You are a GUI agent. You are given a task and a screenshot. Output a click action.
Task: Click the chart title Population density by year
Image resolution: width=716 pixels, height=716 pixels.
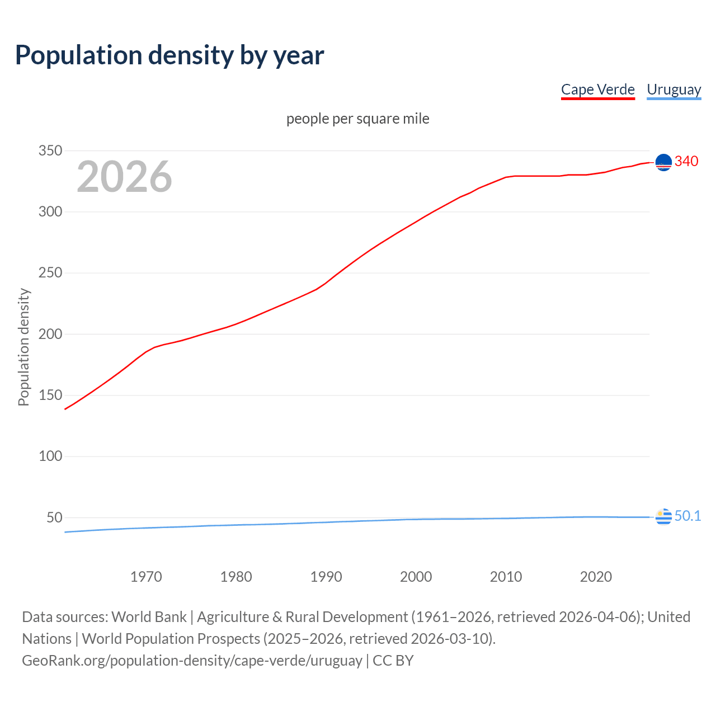169,55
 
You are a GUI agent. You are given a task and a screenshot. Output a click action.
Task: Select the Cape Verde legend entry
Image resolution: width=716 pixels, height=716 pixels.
597,89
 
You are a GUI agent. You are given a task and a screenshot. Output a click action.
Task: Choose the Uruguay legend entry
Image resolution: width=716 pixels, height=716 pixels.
673,89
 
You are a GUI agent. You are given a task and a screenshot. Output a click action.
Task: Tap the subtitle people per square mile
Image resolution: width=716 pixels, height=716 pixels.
357,119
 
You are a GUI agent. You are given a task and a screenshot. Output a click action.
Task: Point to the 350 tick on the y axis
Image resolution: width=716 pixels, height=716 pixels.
50,150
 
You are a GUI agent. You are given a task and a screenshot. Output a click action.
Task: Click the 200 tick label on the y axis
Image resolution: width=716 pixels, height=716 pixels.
50,334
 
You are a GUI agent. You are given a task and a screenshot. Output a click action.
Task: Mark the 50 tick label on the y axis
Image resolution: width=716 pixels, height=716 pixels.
54,517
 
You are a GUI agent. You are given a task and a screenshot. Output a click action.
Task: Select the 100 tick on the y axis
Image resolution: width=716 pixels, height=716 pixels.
50,456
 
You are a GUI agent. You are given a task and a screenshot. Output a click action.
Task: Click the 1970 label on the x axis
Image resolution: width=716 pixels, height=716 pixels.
146,577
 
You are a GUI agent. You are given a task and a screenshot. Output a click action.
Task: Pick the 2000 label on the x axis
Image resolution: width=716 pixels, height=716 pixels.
416,577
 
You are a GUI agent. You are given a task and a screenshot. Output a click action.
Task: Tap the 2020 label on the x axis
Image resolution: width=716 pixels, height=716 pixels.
596,577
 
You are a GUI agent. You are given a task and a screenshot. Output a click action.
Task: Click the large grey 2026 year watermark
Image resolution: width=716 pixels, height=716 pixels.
124,177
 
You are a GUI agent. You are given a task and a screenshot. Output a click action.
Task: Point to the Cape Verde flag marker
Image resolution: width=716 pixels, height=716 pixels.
663,162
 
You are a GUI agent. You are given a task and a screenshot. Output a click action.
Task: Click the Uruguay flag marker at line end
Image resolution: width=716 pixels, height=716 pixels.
663,517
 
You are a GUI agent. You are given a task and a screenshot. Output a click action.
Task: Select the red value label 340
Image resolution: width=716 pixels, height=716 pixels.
686,161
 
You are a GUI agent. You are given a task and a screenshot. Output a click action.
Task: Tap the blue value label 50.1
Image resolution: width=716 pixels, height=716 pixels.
687,516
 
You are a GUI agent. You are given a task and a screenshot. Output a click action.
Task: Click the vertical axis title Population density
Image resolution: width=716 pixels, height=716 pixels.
23,347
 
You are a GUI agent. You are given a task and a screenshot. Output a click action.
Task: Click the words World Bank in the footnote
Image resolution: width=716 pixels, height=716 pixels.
149,616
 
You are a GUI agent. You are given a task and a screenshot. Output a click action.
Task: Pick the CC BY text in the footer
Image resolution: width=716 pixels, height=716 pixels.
393,660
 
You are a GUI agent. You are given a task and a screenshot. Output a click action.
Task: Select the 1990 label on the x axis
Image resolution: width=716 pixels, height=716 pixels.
326,577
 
